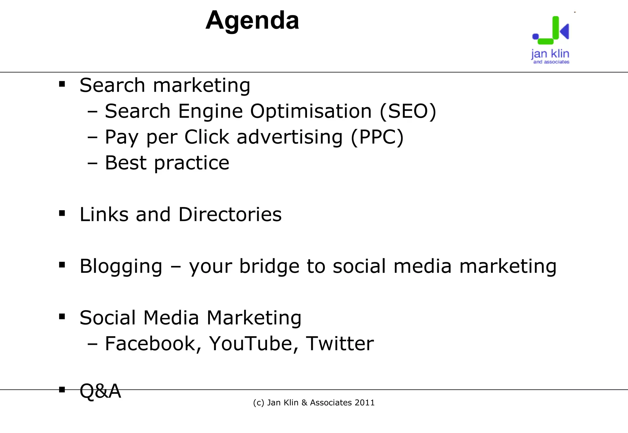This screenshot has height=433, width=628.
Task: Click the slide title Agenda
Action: click(x=252, y=20)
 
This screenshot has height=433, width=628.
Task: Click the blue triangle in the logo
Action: click(x=565, y=31)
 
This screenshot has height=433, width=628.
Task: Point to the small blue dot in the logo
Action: click(x=535, y=36)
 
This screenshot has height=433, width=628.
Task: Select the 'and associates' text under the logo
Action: click(x=551, y=62)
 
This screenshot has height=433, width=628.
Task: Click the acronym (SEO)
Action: click(x=408, y=111)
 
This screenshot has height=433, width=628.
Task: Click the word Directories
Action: click(x=230, y=214)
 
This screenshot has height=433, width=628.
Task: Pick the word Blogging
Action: click(x=121, y=266)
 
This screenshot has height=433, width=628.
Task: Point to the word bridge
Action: click(x=269, y=266)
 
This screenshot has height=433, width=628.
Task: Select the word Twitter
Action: click(x=340, y=344)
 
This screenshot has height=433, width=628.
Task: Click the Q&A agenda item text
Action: click(x=100, y=391)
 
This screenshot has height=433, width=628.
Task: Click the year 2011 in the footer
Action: click(x=365, y=403)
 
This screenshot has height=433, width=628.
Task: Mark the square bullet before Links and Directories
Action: click(x=62, y=213)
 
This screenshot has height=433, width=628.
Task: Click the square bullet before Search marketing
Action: click(x=62, y=84)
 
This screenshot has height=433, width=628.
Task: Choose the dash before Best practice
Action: click(x=92, y=163)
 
